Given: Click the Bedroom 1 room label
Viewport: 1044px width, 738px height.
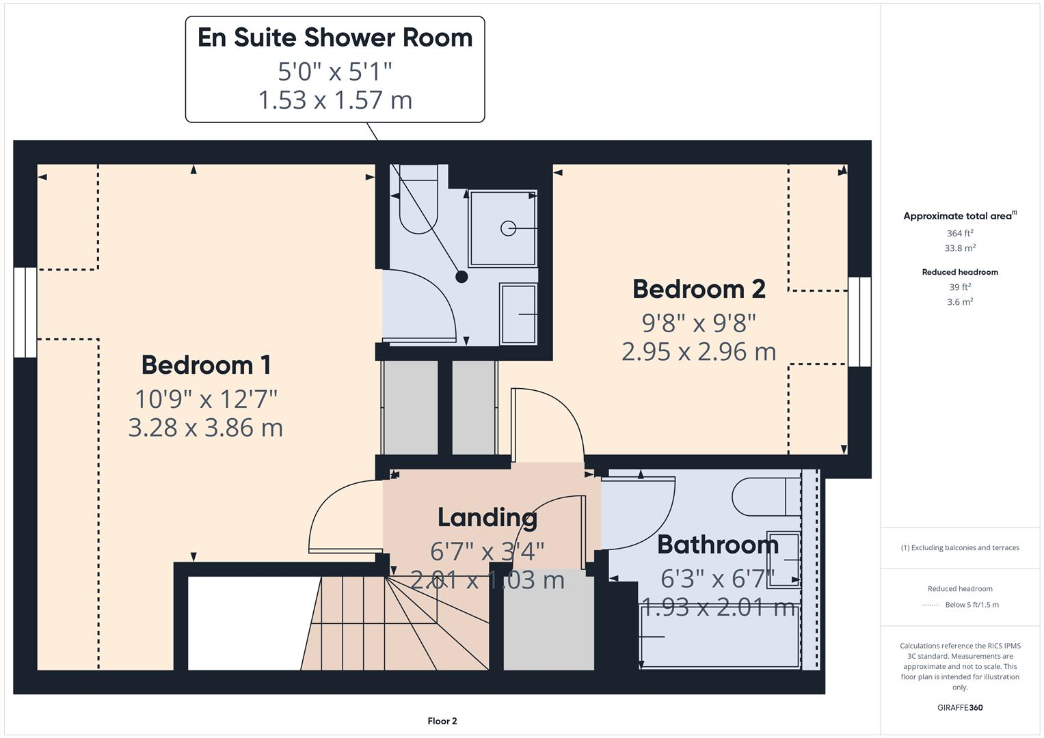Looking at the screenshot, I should (206, 365).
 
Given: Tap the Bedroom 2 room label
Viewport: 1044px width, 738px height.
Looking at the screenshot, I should (699, 289).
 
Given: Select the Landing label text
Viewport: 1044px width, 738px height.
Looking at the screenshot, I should (487, 517).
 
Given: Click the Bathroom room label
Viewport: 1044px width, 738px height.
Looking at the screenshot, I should (717, 545).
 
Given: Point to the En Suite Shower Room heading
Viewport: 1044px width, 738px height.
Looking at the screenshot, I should (335, 38).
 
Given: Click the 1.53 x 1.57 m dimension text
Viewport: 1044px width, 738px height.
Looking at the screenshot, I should (335, 100).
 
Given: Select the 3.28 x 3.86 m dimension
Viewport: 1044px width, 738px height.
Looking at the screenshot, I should (206, 428).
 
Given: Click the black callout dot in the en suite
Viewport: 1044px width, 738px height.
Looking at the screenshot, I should (461, 277).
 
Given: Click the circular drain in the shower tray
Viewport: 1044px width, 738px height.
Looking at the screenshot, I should (508, 228).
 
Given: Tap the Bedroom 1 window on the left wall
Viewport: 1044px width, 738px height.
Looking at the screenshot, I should (25, 312).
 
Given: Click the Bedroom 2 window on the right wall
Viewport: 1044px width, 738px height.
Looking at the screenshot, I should (859, 322).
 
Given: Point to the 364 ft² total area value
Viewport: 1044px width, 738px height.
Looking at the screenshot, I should (960, 234).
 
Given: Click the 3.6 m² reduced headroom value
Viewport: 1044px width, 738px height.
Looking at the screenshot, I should (960, 302).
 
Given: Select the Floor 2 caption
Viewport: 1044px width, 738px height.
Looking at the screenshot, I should (442, 721).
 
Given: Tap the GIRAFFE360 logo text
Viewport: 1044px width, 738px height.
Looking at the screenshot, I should (960, 708).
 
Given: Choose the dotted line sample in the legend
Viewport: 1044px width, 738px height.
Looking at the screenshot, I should (931, 605).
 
